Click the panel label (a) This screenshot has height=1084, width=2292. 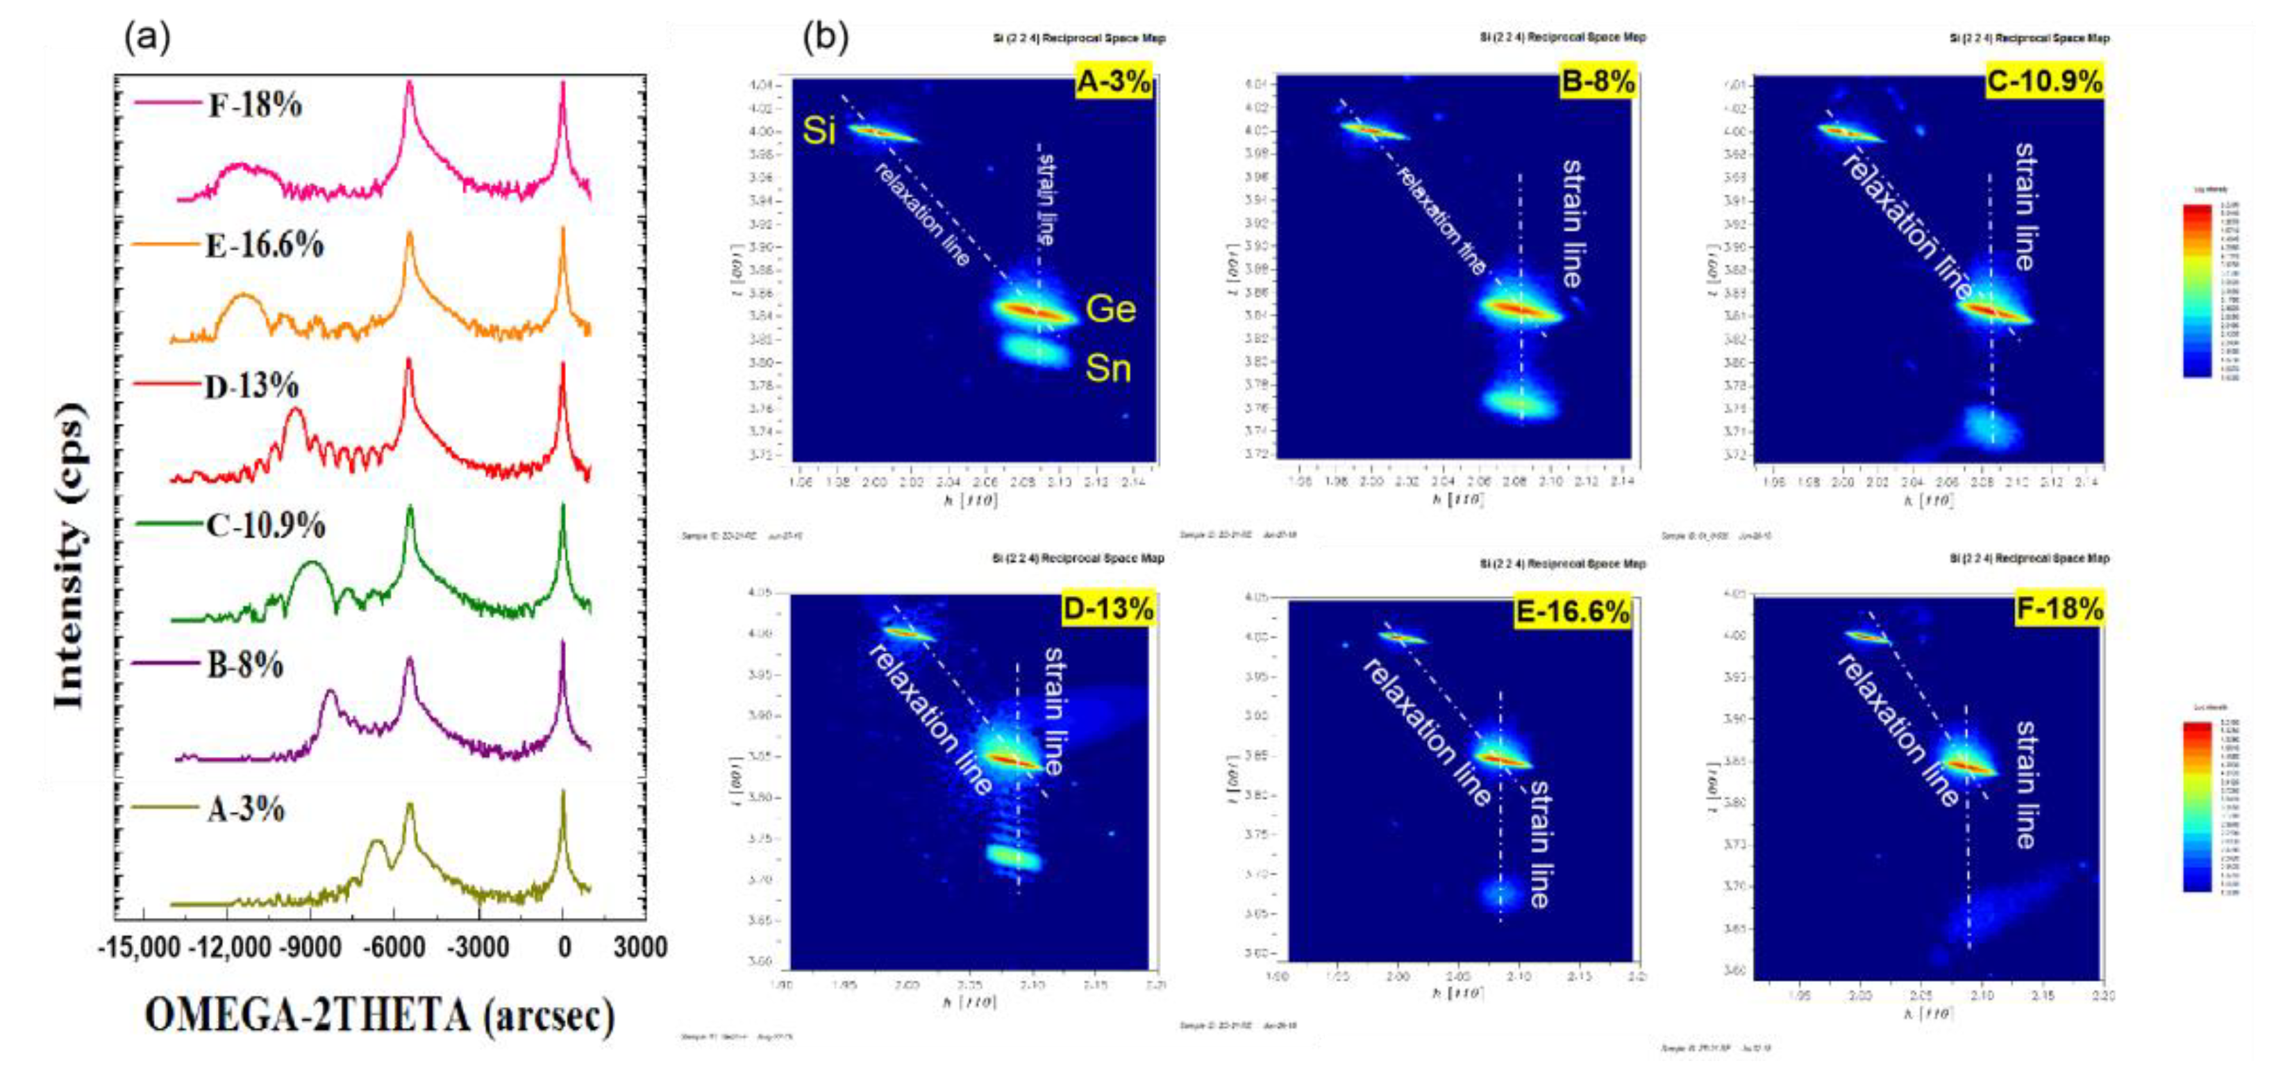[147, 37]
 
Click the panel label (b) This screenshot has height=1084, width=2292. [826, 37]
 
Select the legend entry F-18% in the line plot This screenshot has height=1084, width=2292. [254, 105]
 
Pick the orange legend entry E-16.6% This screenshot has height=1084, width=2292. [265, 244]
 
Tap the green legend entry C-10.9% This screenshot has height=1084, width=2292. [265, 525]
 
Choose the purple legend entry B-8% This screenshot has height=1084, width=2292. [244, 665]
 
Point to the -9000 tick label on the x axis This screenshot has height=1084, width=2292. [309, 947]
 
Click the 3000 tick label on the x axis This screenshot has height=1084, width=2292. [639, 947]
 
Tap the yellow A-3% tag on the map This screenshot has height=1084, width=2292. [1113, 82]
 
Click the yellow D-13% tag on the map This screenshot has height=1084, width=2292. [1107, 609]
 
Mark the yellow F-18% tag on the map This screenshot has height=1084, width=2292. [2058, 609]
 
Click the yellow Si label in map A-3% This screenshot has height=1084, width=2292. [819, 131]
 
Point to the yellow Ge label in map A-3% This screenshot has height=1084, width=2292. [1110, 309]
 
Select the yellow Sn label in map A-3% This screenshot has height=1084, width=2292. [1107, 367]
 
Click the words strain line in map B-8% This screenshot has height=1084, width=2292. [1572, 222]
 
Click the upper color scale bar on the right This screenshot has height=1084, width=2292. [2197, 290]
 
